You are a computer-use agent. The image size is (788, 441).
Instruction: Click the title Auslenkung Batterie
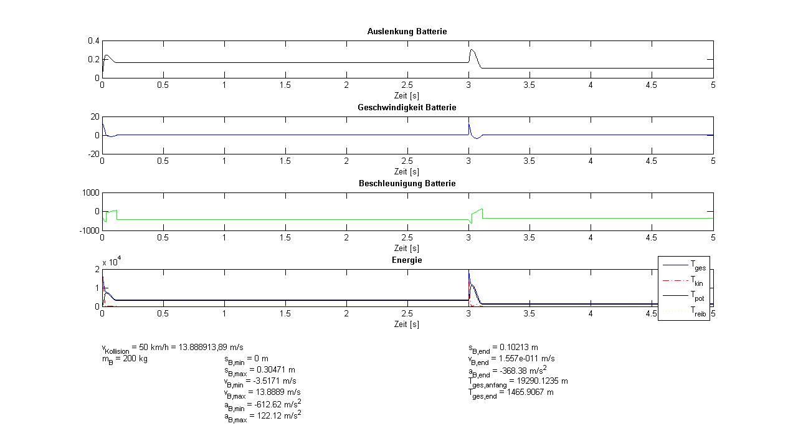407,31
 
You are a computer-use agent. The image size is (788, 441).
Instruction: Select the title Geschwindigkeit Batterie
407,107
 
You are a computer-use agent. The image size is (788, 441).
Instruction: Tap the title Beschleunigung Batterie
407,183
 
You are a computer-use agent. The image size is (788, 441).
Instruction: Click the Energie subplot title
407,260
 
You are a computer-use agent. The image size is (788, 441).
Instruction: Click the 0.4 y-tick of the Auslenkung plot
93,40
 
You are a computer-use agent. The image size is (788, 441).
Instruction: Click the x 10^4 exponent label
112,262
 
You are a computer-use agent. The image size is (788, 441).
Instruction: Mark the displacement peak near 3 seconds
472,49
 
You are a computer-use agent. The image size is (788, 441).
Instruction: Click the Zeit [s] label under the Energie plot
407,324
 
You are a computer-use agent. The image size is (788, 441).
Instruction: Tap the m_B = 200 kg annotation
125,359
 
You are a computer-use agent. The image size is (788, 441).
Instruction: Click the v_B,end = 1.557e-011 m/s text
511,359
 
